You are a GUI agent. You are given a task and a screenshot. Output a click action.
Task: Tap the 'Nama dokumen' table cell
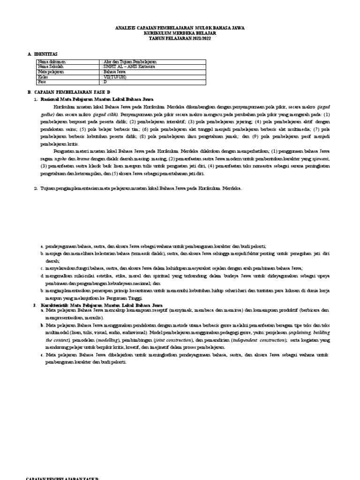[x=52, y=62]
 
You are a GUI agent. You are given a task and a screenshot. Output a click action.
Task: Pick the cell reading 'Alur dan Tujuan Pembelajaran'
[x=129, y=62]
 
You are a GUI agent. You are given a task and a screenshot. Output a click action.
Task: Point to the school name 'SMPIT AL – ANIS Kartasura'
[x=128, y=67]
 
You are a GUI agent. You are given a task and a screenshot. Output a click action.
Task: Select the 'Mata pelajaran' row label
[x=51, y=72]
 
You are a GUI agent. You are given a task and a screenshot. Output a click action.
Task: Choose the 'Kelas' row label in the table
[x=43, y=77]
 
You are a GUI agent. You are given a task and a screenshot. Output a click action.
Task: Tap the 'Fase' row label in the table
[x=43, y=82]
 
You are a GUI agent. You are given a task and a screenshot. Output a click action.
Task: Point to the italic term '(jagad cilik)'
[x=105, y=114]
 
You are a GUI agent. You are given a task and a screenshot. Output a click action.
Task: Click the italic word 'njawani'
[x=321, y=159]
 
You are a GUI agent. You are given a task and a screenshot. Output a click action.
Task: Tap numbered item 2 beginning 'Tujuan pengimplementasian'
[x=141, y=188]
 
